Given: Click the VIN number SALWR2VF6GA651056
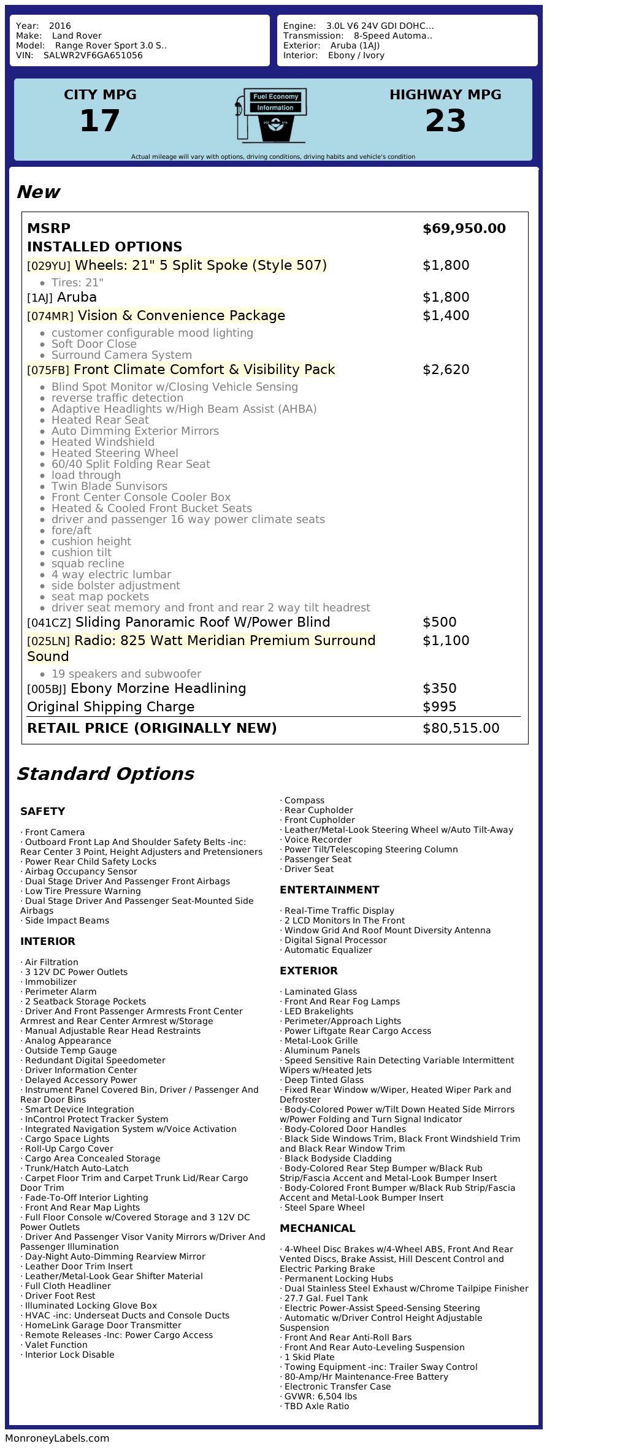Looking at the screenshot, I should click(x=93, y=55).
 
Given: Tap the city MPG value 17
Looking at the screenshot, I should click(x=100, y=121).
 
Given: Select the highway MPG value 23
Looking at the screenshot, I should click(x=445, y=121).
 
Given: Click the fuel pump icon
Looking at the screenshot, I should click(x=270, y=115).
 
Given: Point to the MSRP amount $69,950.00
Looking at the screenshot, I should click(x=464, y=229).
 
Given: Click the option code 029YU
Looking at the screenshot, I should click(x=49, y=266).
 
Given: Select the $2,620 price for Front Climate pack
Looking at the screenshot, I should click(x=446, y=370).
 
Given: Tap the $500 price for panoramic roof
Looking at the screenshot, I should click(x=439, y=622).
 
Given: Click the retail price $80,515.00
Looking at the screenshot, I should click(x=461, y=728).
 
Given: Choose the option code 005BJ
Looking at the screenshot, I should click(x=47, y=689).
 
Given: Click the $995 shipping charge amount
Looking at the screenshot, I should click(x=439, y=707).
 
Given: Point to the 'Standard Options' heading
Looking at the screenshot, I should click(x=105, y=774).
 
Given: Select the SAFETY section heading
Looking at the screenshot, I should click(x=42, y=811).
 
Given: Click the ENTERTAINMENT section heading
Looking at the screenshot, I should click(x=329, y=890).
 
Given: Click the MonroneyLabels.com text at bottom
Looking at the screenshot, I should click(x=57, y=1438).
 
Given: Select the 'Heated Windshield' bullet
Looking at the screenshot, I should click(x=102, y=442).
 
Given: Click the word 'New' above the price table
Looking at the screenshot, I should click(x=38, y=192).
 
